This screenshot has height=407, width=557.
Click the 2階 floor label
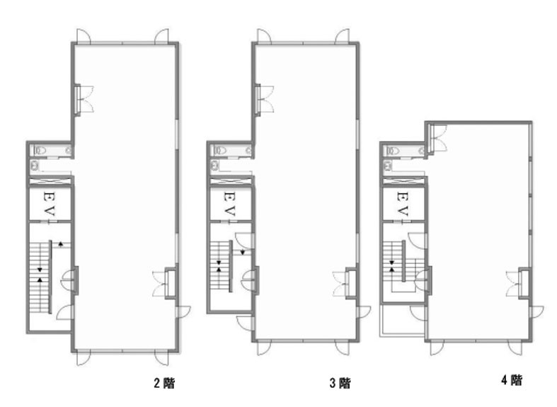pyautogui.click(x=164, y=383)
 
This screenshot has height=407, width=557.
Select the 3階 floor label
pyautogui.click(x=340, y=383)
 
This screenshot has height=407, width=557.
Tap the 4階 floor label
pyautogui.click(x=512, y=380)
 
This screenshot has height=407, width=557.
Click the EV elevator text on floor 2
pyautogui.click(x=49, y=204)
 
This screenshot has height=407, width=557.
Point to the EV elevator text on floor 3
pyautogui.click(x=229, y=204)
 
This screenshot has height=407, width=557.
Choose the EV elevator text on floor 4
pyautogui.click(x=402, y=204)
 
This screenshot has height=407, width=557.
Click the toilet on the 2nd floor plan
pyautogui.click(x=40, y=151)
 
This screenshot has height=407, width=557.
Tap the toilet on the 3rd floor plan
pyautogui.click(x=221, y=151)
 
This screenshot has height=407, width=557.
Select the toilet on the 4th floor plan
pyautogui.click(x=394, y=151)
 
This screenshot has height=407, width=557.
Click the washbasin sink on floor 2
pyautogui.click(x=35, y=166)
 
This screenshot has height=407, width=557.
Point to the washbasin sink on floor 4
pyautogui.click(x=388, y=166)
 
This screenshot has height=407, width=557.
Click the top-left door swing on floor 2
pyautogui.click(x=84, y=36)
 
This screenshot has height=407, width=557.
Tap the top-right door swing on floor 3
pyautogui.click(x=343, y=36)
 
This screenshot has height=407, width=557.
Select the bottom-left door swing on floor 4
pyautogui.click(x=437, y=348)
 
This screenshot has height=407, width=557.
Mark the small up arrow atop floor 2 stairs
pyautogui.click(x=61, y=244)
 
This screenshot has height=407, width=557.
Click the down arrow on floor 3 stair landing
pyautogui.click(x=243, y=253)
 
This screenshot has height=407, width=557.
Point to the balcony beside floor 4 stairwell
pyautogui.click(x=403, y=320)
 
